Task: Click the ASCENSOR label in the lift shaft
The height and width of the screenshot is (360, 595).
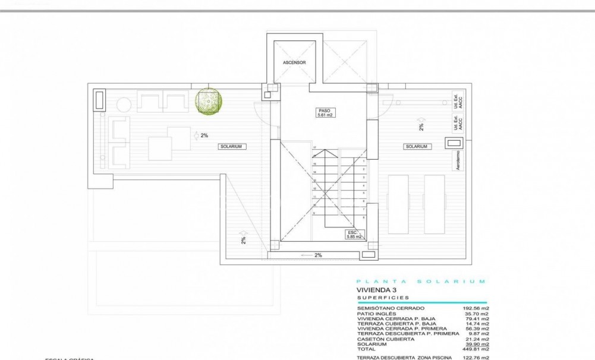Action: [294, 62]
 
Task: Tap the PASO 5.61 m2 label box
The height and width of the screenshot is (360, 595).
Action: [323, 113]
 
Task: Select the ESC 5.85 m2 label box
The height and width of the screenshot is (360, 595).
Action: [354, 234]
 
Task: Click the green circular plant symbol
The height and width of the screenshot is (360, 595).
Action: [210, 101]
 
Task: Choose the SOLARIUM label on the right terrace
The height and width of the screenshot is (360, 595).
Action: [416, 146]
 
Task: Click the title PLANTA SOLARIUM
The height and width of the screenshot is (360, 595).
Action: [421, 281]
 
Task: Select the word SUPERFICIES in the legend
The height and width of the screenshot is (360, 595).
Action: [383, 297]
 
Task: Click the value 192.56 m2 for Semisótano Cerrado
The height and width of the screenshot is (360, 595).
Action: [477, 308]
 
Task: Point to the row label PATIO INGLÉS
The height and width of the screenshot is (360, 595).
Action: [379, 314]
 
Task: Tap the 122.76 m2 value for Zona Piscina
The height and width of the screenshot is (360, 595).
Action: [477, 358]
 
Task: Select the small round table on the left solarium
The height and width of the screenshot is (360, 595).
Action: [123, 106]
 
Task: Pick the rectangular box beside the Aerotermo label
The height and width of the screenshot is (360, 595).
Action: [454, 143]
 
